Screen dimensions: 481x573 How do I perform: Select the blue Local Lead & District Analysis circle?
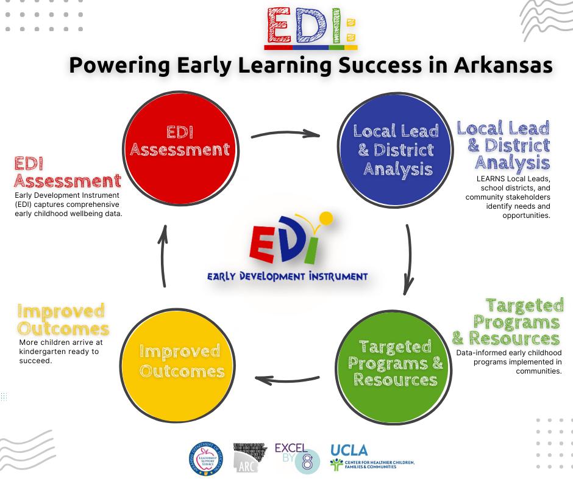[396, 148]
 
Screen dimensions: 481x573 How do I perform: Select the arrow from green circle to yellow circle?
[286, 380]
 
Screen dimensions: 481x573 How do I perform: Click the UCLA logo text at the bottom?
[349, 450]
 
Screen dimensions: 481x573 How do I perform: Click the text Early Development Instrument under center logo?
[287, 277]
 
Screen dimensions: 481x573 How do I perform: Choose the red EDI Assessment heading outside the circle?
[67, 173]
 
